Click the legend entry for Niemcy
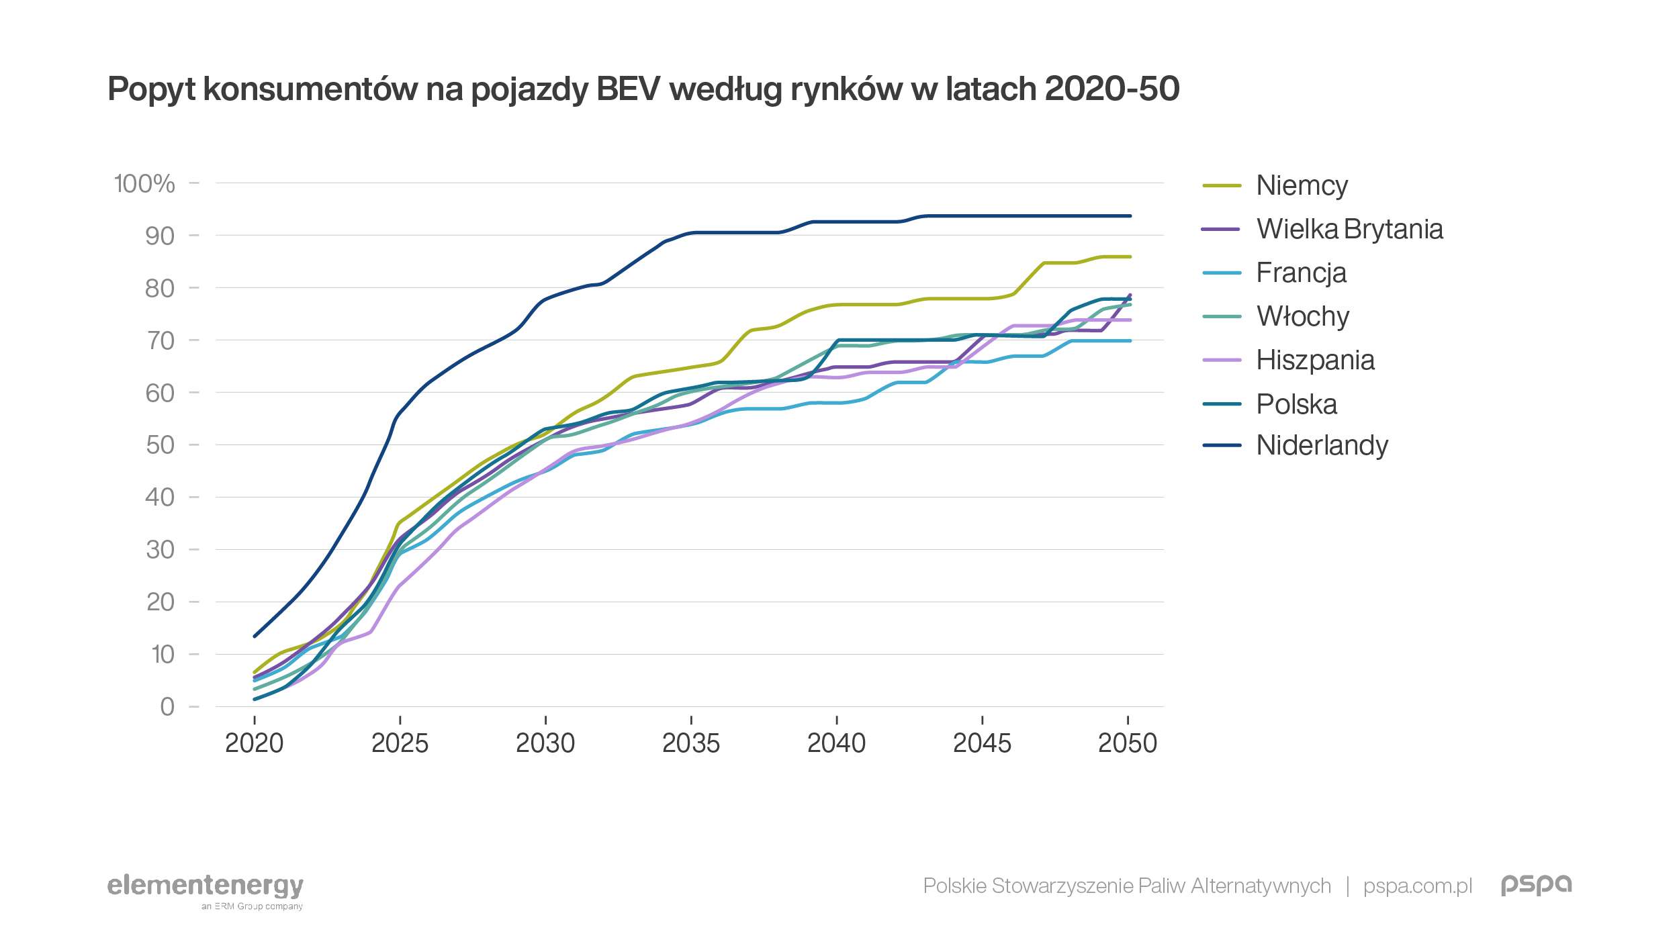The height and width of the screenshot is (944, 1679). tap(1301, 185)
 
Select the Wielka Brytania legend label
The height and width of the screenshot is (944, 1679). tap(1349, 229)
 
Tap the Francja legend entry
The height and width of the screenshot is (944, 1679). tap(1301, 273)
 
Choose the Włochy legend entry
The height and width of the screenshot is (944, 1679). tap(1302, 316)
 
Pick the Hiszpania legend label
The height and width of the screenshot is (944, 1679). tap(1315, 360)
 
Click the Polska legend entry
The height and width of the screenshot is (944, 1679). tap(1296, 404)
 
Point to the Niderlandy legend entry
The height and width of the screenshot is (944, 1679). tap(1322, 445)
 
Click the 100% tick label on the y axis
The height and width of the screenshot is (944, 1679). tap(144, 183)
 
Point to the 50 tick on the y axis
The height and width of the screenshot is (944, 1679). tap(160, 444)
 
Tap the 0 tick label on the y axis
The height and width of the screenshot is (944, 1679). tap(167, 706)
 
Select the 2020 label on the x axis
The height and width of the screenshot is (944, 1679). tap(254, 743)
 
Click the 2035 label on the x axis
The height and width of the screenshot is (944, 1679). tap(690, 743)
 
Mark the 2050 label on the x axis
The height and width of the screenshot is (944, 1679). tap(1128, 743)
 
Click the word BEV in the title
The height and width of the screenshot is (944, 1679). tap(628, 89)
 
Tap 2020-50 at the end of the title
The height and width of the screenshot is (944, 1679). tap(1111, 89)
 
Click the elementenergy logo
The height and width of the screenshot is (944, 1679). tap(206, 887)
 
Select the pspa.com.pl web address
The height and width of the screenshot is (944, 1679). tap(1418, 886)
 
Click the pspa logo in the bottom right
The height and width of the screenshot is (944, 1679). tap(1537, 885)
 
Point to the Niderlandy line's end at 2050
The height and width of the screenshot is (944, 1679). tap(1130, 216)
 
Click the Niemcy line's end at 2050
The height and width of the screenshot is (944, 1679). tap(1130, 256)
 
